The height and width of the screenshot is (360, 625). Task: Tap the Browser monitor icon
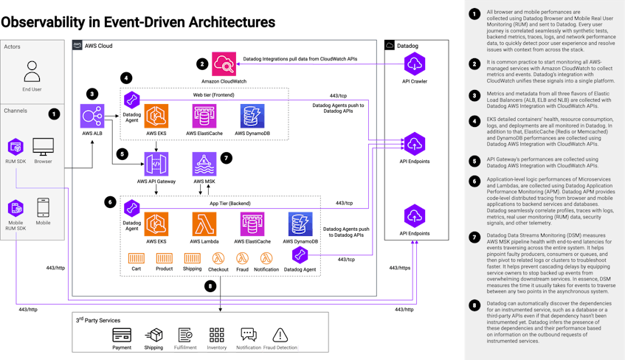(43, 146)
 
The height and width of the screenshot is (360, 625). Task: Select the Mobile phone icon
(43, 207)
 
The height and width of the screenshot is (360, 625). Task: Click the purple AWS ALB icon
(91, 117)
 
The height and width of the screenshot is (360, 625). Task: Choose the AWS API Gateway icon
(156, 164)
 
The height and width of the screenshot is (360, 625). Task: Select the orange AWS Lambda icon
(204, 224)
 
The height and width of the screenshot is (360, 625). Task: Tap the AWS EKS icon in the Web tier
(156, 116)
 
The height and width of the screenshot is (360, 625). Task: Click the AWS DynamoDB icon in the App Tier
(300, 224)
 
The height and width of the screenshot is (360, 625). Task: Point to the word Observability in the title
(44, 23)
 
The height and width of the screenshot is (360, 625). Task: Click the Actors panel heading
(13, 46)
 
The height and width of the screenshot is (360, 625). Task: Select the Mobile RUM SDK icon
(16, 207)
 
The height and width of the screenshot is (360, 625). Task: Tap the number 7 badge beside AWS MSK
(227, 157)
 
